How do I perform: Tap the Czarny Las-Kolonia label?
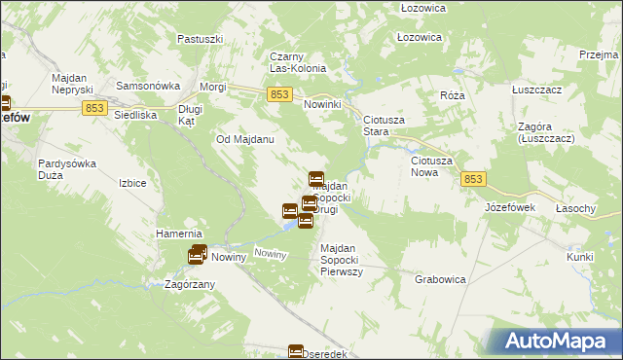304,62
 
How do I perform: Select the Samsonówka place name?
143,86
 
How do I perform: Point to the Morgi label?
213,87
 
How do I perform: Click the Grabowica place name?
440,279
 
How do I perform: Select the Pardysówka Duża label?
66,169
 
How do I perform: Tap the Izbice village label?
132,183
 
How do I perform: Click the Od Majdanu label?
244,139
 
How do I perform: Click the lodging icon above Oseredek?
296,352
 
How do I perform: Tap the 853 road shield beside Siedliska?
94,107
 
